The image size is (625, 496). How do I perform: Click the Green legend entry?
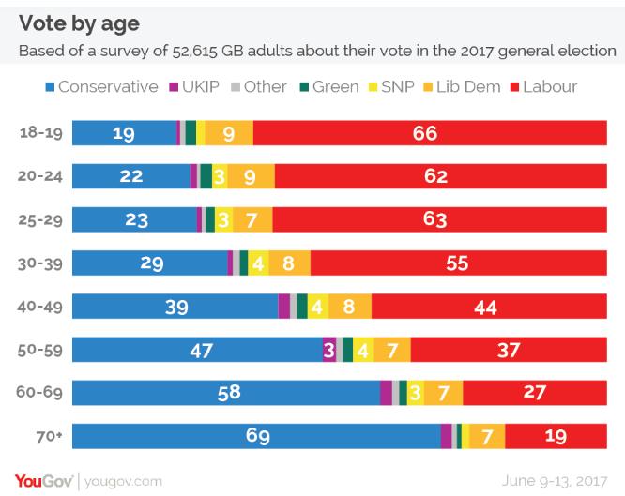pyautogui.click(x=327, y=87)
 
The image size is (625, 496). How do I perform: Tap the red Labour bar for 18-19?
pyautogui.click(x=424, y=133)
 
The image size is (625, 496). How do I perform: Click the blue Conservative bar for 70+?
pyautogui.click(x=256, y=435)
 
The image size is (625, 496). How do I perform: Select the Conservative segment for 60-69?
pyautogui.click(x=226, y=392)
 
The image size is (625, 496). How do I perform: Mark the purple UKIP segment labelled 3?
pyautogui.click(x=329, y=349)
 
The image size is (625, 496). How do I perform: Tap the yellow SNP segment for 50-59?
pyautogui.click(x=363, y=349)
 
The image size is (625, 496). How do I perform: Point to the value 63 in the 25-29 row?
pyautogui.click(x=433, y=219)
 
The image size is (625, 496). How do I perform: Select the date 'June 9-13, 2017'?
pyautogui.click(x=557, y=481)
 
